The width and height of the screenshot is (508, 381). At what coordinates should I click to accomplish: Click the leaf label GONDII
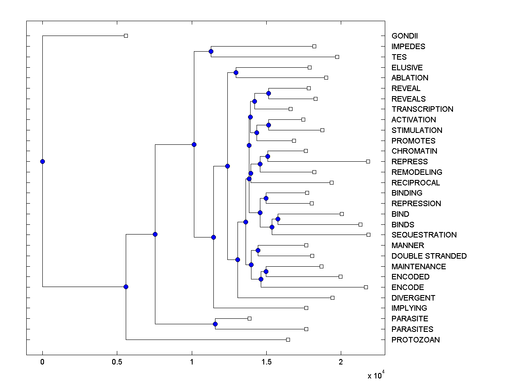405,36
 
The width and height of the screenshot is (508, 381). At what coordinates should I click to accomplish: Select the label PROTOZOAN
415,340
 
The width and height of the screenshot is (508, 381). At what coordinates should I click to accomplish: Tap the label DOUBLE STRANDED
429,256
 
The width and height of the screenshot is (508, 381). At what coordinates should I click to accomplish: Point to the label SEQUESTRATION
424,235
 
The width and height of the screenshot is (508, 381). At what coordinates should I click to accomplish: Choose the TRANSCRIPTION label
422,109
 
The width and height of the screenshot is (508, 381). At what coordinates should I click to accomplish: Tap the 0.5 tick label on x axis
117,362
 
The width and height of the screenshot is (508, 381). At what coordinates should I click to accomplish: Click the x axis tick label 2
341,362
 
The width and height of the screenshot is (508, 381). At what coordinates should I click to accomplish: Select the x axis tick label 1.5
266,362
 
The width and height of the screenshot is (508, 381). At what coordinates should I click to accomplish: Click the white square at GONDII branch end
126,36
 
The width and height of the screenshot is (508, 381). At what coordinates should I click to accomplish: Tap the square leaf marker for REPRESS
368,161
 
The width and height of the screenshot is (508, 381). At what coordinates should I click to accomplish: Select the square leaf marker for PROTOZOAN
288,340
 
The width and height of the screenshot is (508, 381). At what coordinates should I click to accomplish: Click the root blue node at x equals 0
42,161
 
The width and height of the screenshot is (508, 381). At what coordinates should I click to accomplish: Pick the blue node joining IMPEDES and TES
211,51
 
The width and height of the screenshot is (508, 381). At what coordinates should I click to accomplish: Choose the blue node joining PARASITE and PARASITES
215,324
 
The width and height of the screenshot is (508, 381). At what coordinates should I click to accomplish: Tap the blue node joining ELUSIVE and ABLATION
236,72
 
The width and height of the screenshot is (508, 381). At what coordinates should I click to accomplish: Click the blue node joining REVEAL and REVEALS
268,93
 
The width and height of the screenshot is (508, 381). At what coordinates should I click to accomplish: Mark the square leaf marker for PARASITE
249,318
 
